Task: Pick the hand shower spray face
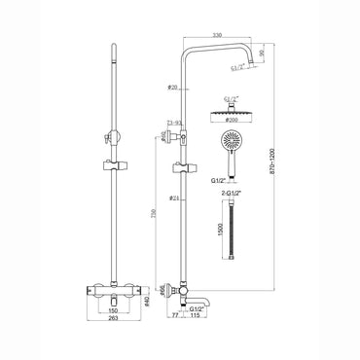click(228, 142)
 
